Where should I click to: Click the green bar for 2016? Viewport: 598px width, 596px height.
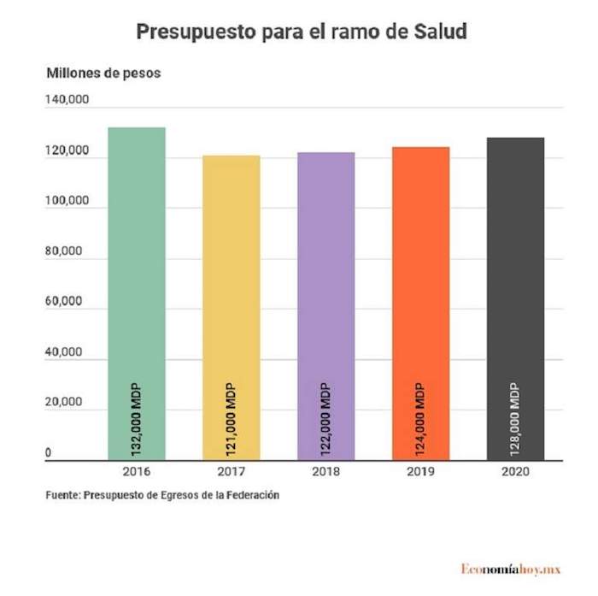point(137,257)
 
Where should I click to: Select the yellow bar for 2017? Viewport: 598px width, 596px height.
point(232,274)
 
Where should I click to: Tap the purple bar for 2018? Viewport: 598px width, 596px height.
point(325,274)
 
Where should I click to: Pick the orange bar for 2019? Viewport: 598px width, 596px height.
point(420,274)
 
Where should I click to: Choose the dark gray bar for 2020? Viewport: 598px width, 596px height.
point(515,265)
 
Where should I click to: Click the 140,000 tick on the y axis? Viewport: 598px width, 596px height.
point(67,101)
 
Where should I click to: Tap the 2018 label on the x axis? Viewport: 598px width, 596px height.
point(325,473)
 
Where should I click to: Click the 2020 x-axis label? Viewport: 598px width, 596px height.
point(515,473)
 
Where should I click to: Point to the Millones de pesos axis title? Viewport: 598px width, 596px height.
point(103,73)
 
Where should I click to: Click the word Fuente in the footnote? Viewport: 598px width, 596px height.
point(63,494)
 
